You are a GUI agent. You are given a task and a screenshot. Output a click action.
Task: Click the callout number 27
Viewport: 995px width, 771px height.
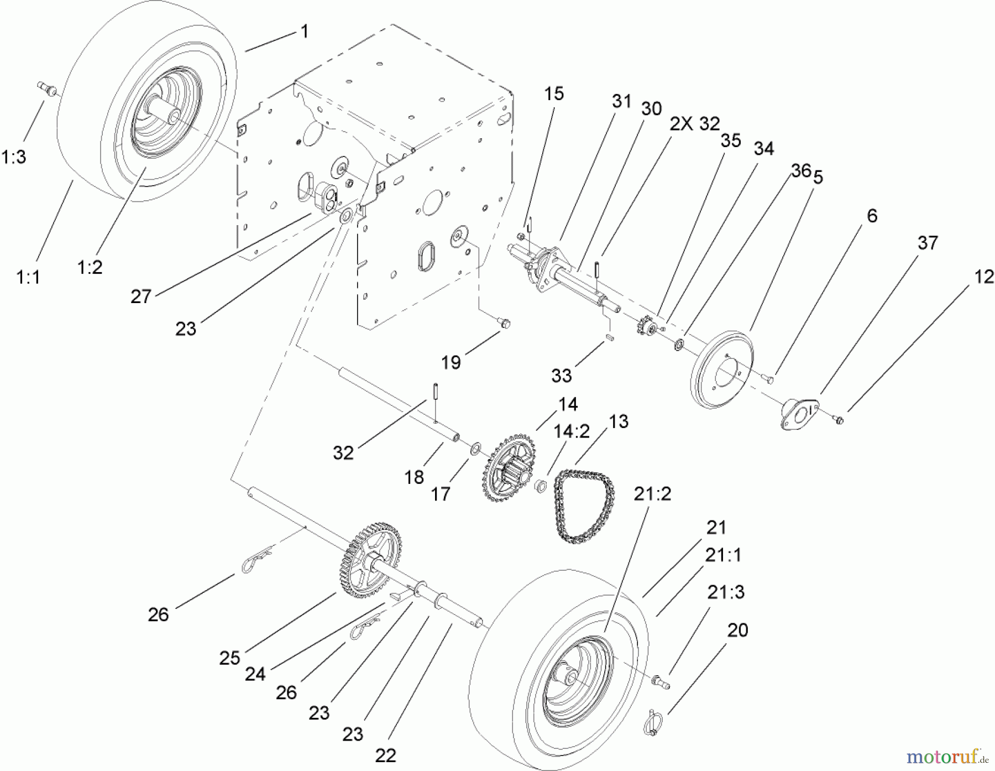141,296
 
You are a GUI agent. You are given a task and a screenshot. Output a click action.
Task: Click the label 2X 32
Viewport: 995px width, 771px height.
694,124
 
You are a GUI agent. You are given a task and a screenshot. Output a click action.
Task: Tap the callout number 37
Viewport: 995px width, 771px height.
928,242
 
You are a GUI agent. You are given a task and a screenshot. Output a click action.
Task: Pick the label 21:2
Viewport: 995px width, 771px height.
652,493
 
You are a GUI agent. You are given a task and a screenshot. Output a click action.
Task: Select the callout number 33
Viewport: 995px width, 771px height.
561,376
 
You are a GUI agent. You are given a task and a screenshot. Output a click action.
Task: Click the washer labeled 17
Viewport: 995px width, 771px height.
474,449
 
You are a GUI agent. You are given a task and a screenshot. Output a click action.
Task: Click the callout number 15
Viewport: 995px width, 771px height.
554,94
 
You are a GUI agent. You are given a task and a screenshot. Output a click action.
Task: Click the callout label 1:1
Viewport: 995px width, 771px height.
28,277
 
